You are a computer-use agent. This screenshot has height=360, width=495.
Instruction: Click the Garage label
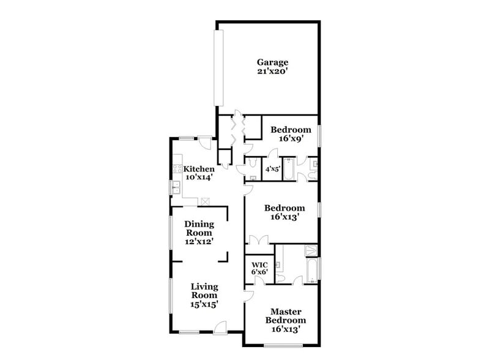click(272, 62)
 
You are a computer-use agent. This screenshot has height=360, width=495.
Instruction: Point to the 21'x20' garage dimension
click(272, 72)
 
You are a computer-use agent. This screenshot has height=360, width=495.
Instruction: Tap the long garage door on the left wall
click(219, 68)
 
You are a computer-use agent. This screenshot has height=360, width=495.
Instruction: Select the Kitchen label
click(199, 168)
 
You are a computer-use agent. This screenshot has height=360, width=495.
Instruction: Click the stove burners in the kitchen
click(177, 169)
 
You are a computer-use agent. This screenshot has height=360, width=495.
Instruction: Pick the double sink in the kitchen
click(176, 187)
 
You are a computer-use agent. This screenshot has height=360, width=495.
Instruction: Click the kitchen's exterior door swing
click(206, 143)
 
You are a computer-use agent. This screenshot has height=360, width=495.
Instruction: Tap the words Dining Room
click(199, 228)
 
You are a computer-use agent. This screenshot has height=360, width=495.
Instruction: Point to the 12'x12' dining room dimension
click(199, 242)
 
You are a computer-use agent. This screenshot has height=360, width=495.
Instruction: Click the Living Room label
click(204, 291)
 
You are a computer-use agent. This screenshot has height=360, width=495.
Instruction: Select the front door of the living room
click(220, 327)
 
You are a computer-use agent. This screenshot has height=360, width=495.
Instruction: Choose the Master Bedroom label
click(286, 316)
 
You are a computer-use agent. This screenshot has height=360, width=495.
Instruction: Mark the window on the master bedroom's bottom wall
click(283, 345)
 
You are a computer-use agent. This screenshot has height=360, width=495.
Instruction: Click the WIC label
click(259, 264)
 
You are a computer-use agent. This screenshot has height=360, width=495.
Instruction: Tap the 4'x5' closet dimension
click(273, 169)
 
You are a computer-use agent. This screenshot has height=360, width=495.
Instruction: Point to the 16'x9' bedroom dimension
click(291, 138)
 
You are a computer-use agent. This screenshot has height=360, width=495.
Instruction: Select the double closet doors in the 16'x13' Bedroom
click(259, 239)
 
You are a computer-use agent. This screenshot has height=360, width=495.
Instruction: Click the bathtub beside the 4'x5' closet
click(288, 169)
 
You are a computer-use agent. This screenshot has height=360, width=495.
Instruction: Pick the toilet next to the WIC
click(280, 278)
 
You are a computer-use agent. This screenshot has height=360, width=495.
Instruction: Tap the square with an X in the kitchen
click(205, 201)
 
